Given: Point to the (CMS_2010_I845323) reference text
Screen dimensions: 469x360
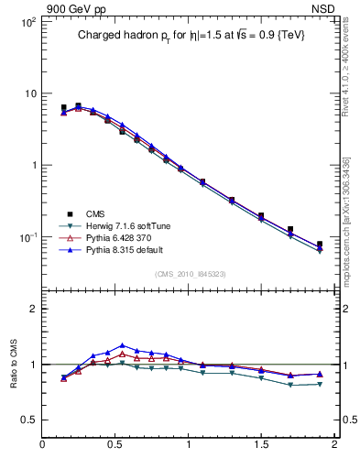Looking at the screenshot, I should [189, 274].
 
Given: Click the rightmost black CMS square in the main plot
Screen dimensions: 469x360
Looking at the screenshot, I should [320, 245].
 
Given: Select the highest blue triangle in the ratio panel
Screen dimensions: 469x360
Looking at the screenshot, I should [122, 345].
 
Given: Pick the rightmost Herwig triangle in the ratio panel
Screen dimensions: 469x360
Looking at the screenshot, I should [320, 384].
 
